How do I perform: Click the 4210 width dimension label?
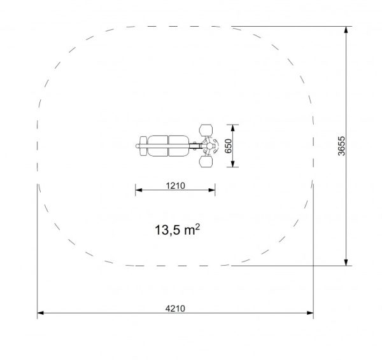[x=175, y=308]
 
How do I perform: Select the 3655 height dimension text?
[x=341, y=146]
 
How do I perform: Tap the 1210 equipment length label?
[x=176, y=186]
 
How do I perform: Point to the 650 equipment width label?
[x=229, y=146]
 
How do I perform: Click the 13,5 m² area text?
[x=178, y=230]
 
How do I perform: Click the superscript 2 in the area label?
[x=197, y=227]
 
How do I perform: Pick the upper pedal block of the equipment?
[x=206, y=130]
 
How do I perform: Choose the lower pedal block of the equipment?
[x=206, y=162]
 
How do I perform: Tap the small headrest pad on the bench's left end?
[x=143, y=146]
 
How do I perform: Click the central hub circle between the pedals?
[x=209, y=146]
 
